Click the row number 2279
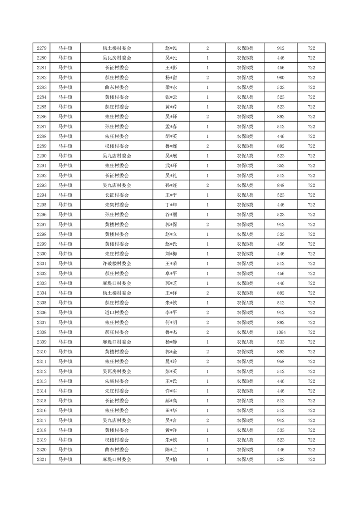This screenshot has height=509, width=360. click(x=41, y=48)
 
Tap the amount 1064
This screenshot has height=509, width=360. click(x=281, y=332)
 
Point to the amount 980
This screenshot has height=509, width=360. click(x=281, y=77)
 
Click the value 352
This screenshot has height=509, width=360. click(x=281, y=165)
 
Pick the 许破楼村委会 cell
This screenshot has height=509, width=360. click(x=117, y=264)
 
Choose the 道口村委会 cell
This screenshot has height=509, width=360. click(x=117, y=313)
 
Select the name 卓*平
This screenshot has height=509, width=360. click(x=171, y=274)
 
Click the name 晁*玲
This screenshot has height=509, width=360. click(x=171, y=362)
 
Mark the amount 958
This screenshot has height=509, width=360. click(x=281, y=362)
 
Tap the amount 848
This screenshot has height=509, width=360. click(x=281, y=185)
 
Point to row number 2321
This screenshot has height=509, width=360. click(x=41, y=460)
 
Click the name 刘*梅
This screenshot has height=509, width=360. click(x=171, y=254)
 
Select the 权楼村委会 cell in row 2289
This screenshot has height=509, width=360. click(x=117, y=146)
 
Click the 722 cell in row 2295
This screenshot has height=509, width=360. click(x=311, y=205)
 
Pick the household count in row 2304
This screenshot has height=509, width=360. click(x=207, y=293)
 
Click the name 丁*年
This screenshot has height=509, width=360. click(x=171, y=205)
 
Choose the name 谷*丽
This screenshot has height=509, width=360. click(x=171, y=215)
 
